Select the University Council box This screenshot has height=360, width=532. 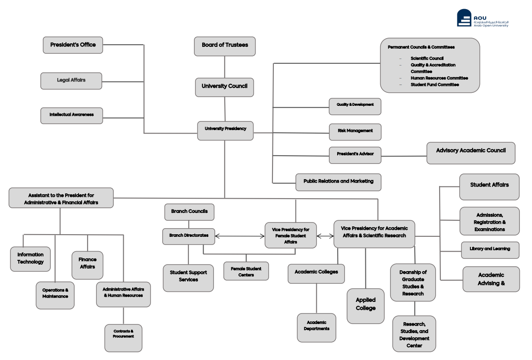[x=224, y=87]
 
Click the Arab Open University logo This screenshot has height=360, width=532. [x=482, y=19]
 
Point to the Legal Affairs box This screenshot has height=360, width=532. [x=71, y=81]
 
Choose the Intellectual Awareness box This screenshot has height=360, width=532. [x=72, y=115]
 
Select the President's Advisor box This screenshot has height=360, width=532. [x=355, y=154]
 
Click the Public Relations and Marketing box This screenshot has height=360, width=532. [x=338, y=182]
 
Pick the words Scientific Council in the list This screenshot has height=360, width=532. [x=426, y=58]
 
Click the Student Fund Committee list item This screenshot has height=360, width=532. [x=434, y=85]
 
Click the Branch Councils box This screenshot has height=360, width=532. [x=189, y=212]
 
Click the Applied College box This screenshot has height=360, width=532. [x=365, y=305]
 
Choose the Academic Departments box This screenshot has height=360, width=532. [x=316, y=327]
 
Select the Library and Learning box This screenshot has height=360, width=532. [x=489, y=250]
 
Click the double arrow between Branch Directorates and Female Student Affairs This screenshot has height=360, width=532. [x=240, y=236]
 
